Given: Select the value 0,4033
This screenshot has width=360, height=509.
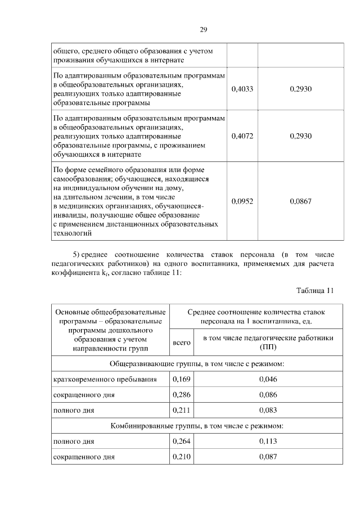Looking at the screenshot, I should (x=242, y=89).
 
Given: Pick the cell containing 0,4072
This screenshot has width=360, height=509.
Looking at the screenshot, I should (x=242, y=136).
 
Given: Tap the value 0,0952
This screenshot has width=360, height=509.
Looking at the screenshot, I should (x=242, y=201).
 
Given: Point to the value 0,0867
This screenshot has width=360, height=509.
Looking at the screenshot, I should (x=300, y=201).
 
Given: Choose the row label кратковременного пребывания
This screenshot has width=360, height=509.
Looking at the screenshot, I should (x=105, y=379).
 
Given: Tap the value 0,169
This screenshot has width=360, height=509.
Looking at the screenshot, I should (x=181, y=379).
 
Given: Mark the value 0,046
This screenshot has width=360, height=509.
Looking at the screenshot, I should (x=268, y=379).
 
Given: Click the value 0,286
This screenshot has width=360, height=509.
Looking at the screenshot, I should (x=181, y=395).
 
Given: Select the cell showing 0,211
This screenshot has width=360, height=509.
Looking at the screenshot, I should (x=181, y=410).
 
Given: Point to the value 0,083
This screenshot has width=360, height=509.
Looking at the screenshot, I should (x=268, y=410).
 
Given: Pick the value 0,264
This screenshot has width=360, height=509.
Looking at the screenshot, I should (x=181, y=442).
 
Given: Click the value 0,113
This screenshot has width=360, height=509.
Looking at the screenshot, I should (x=268, y=442).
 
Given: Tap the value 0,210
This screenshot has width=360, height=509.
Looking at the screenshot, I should (x=181, y=457).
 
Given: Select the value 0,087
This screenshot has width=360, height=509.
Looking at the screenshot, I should (x=268, y=457).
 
